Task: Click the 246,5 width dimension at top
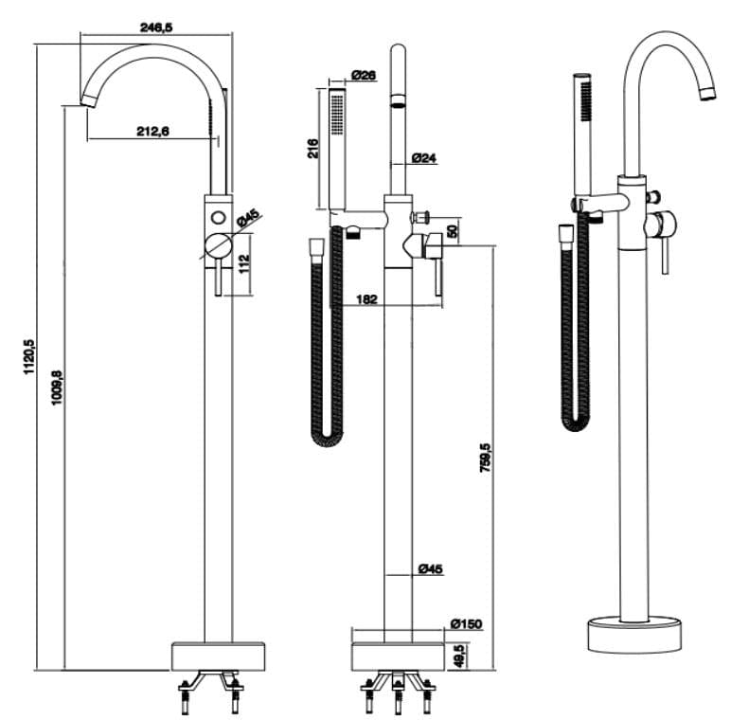click(156, 27)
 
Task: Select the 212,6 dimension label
click(152, 132)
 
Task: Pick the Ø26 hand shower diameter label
click(364, 75)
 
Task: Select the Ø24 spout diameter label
click(424, 158)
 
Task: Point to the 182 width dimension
click(367, 299)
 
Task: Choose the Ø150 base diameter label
click(467, 623)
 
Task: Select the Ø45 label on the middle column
click(430, 568)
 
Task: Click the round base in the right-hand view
click(633, 633)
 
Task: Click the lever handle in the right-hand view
click(665, 251)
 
